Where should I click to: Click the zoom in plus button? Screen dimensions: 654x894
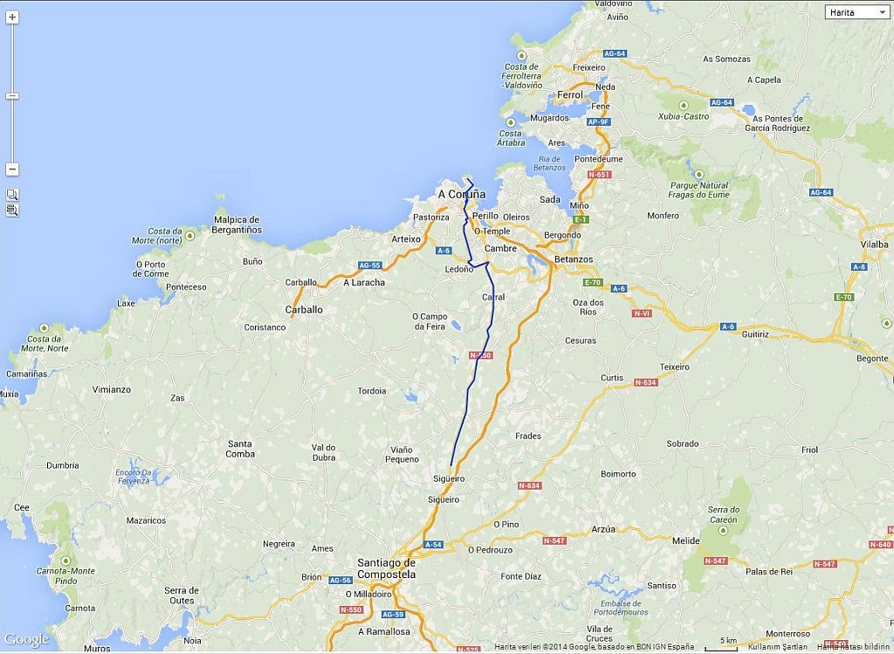tap(12, 17)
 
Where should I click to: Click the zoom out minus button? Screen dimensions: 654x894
tap(12, 169)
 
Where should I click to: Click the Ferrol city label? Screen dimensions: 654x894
tap(569, 94)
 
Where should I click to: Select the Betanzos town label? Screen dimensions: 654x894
tap(574, 259)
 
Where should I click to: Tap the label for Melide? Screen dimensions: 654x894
tap(686, 541)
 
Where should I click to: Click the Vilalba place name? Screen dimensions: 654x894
tap(874, 245)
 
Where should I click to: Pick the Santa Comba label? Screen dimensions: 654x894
tap(240, 449)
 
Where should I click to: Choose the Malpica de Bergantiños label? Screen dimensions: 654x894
tap(236, 224)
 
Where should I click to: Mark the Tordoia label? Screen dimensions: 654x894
tap(372, 390)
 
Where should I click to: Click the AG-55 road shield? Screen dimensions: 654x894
tap(369, 265)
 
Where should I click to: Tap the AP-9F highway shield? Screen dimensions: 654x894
tap(598, 121)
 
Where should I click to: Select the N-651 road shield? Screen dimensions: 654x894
tap(600, 175)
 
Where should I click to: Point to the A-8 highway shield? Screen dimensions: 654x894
tap(859, 266)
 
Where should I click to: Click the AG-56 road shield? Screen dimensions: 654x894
tap(340, 580)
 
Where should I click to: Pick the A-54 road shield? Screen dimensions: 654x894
tap(433, 545)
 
